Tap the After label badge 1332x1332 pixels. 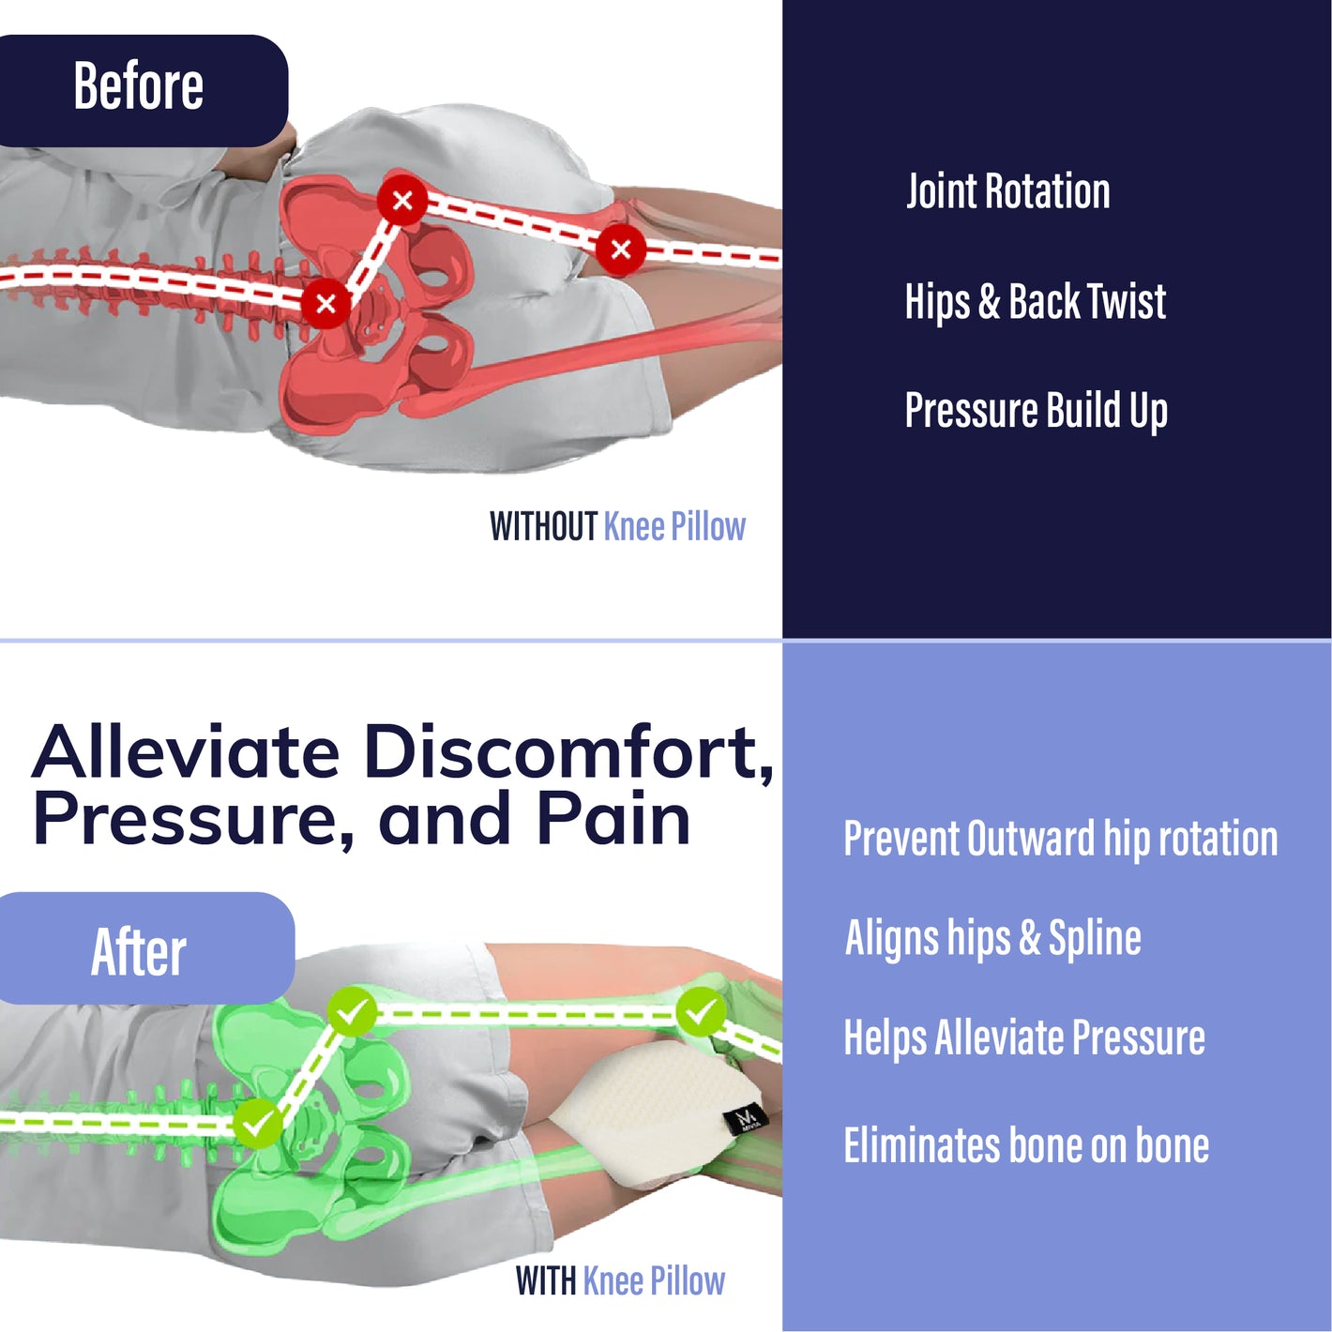pyautogui.click(x=141, y=949)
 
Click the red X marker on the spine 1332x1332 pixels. pyautogui.click(x=325, y=303)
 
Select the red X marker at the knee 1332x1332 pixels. pyautogui.click(x=620, y=249)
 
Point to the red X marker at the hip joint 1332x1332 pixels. pyautogui.click(x=402, y=200)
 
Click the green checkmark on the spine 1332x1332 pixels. pyautogui.click(x=256, y=1122)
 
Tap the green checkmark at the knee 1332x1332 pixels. pyautogui.click(x=700, y=1011)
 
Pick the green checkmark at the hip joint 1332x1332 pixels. pyautogui.click(x=352, y=1012)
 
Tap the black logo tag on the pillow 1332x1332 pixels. pyautogui.click(x=748, y=1117)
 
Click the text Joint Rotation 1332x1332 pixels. pyautogui.click(x=1007, y=191)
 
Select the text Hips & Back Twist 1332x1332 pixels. pyautogui.click(x=1035, y=302)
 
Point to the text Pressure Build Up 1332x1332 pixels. pyautogui.click(x=1036, y=411)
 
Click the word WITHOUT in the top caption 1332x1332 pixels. pyautogui.click(x=543, y=527)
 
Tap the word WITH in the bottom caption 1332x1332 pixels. pyautogui.click(x=545, y=1281)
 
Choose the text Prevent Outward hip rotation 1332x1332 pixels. pyautogui.click(x=1060, y=839)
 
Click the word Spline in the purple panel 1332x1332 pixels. pyautogui.click(x=1095, y=938)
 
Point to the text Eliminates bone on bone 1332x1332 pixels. pyautogui.click(x=1026, y=1145)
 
